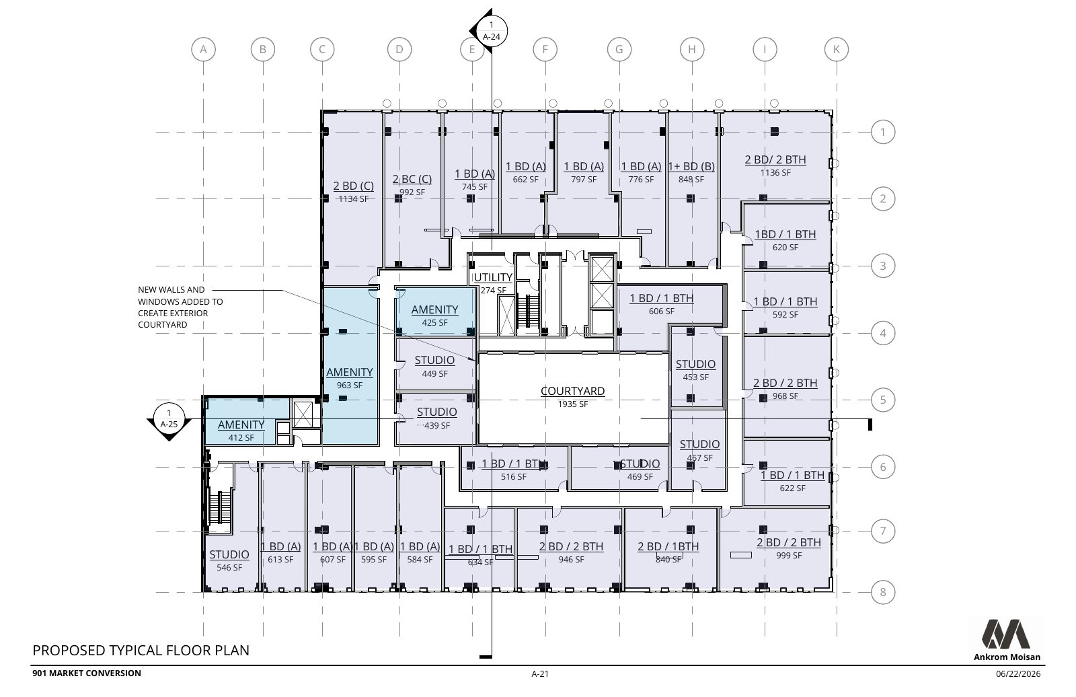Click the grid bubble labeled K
pyautogui.click(x=837, y=49)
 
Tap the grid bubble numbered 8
pyautogui.click(x=883, y=592)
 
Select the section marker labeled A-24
pyautogui.click(x=490, y=30)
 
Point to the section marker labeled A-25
pyautogui.click(x=169, y=419)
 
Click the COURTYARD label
pyautogui.click(x=572, y=391)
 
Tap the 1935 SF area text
pyautogui.click(x=572, y=404)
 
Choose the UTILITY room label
pyautogui.click(x=493, y=277)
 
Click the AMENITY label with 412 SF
pyautogui.click(x=241, y=425)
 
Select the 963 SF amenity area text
pyautogui.click(x=350, y=385)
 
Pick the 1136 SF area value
pyautogui.click(x=775, y=172)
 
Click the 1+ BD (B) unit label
pyautogui.click(x=691, y=166)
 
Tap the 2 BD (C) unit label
pyautogui.click(x=354, y=186)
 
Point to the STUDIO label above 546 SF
pyautogui.click(x=229, y=554)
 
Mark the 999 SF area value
pyautogui.click(x=790, y=555)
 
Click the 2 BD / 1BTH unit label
pyautogui.click(x=668, y=546)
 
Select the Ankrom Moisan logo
pyautogui.click(x=1007, y=639)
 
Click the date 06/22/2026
pyautogui.click(x=1018, y=674)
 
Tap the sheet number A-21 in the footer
pyautogui.click(x=540, y=674)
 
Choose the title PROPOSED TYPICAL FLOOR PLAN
pyautogui.click(x=141, y=651)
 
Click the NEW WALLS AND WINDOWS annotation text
pyautogui.click(x=181, y=307)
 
